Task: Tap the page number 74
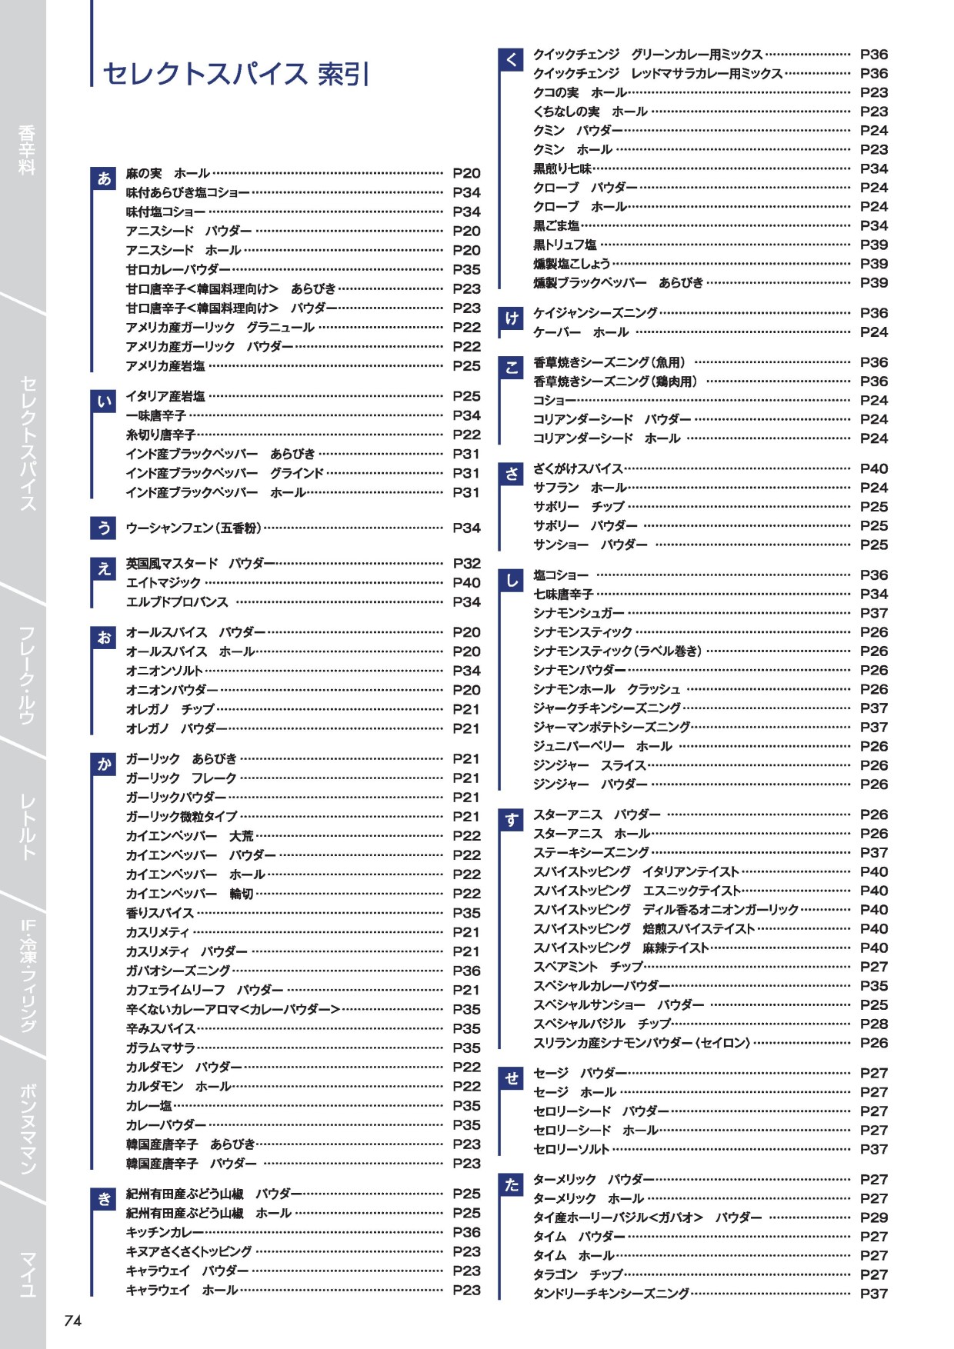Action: tap(72, 1321)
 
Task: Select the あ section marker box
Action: tap(104, 178)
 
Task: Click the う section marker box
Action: tap(104, 528)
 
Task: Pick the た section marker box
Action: tap(512, 1184)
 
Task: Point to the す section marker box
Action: tap(512, 820)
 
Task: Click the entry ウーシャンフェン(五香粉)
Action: tap(193, 528)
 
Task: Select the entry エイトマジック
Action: tap(163, 582)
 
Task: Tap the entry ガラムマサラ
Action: tap(160, 1048)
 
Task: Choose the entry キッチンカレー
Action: tap(165, 1232)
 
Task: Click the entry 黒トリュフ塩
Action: tap(565, 245)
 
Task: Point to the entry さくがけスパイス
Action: tap(578, 468)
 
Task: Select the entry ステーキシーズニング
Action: tap(591, 852)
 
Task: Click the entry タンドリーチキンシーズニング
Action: tap(611, 1294)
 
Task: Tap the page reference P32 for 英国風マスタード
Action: tap(466, 563)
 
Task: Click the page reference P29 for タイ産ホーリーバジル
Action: tap(873, 1217)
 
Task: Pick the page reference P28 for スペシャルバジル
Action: tap(873, 1024)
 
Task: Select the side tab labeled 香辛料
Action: tap(26, 150)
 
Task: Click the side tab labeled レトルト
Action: tap(26, 827)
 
